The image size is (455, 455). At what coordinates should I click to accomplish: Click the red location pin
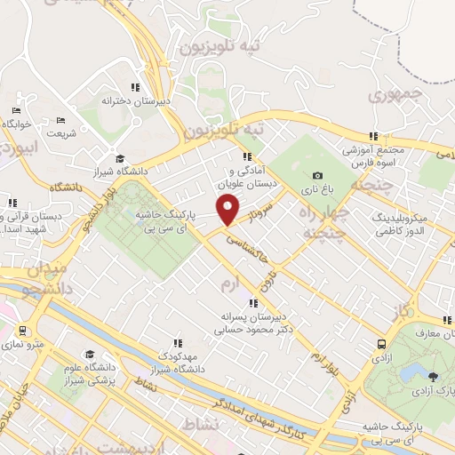pos(228,210)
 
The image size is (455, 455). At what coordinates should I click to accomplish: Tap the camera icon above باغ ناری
pos(318,176)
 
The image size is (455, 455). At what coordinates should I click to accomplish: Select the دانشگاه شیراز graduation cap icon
pos(120,158)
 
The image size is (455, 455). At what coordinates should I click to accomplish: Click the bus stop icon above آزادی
pos(381,344)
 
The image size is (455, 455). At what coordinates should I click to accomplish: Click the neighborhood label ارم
pos(229,283)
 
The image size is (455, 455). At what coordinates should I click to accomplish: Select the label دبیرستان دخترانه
pos(134,100)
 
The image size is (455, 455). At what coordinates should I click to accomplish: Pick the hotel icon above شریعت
pos(61,120)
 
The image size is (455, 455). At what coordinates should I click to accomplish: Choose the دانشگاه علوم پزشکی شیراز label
pos(89,375)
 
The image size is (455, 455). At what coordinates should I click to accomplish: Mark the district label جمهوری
pos(397,93)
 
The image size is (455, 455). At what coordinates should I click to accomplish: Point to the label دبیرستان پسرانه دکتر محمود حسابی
pos(255,321)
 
